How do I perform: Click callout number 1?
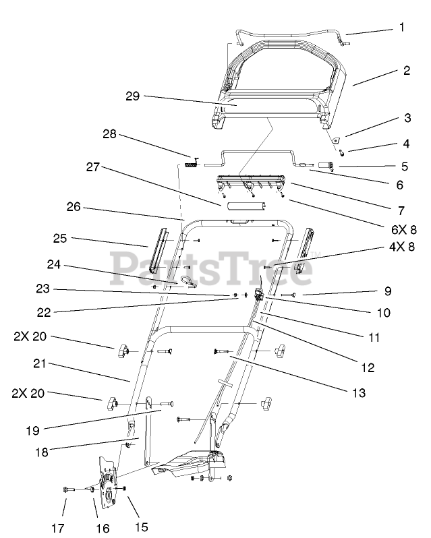[x=403, y=28]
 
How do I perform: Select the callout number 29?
[x=132, y=96]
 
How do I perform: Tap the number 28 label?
[x=110, y=135]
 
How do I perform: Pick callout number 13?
[x=357, y=392]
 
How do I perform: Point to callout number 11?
[x=373, y=336]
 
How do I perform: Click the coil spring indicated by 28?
[x=192, y=162]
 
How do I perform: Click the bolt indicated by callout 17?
[x=67, y=488]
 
